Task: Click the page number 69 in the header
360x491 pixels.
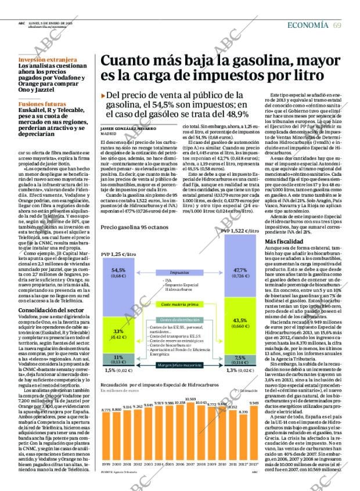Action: click(337, 25)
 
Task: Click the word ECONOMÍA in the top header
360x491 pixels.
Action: click(310, 25)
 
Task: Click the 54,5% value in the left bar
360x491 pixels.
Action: click(118, 270)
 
